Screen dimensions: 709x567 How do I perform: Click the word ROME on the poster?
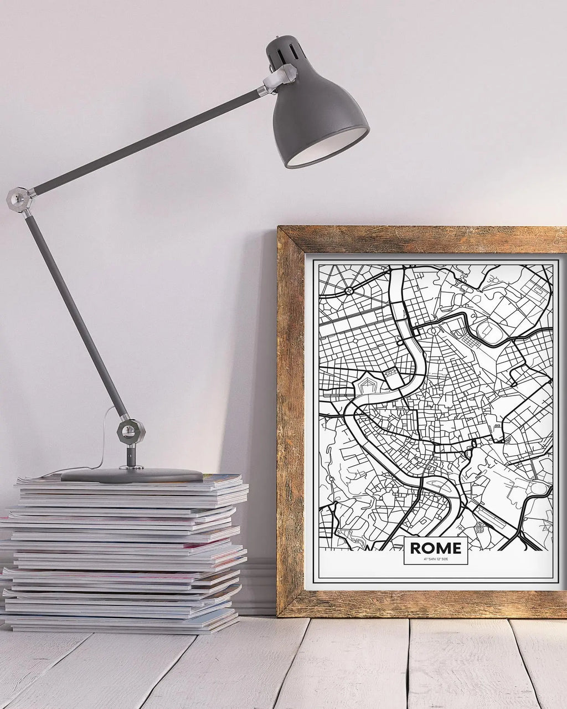tap(435, 548)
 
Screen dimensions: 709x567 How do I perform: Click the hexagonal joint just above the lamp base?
tap(131, 431)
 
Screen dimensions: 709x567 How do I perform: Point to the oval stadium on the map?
tap(487, 330)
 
